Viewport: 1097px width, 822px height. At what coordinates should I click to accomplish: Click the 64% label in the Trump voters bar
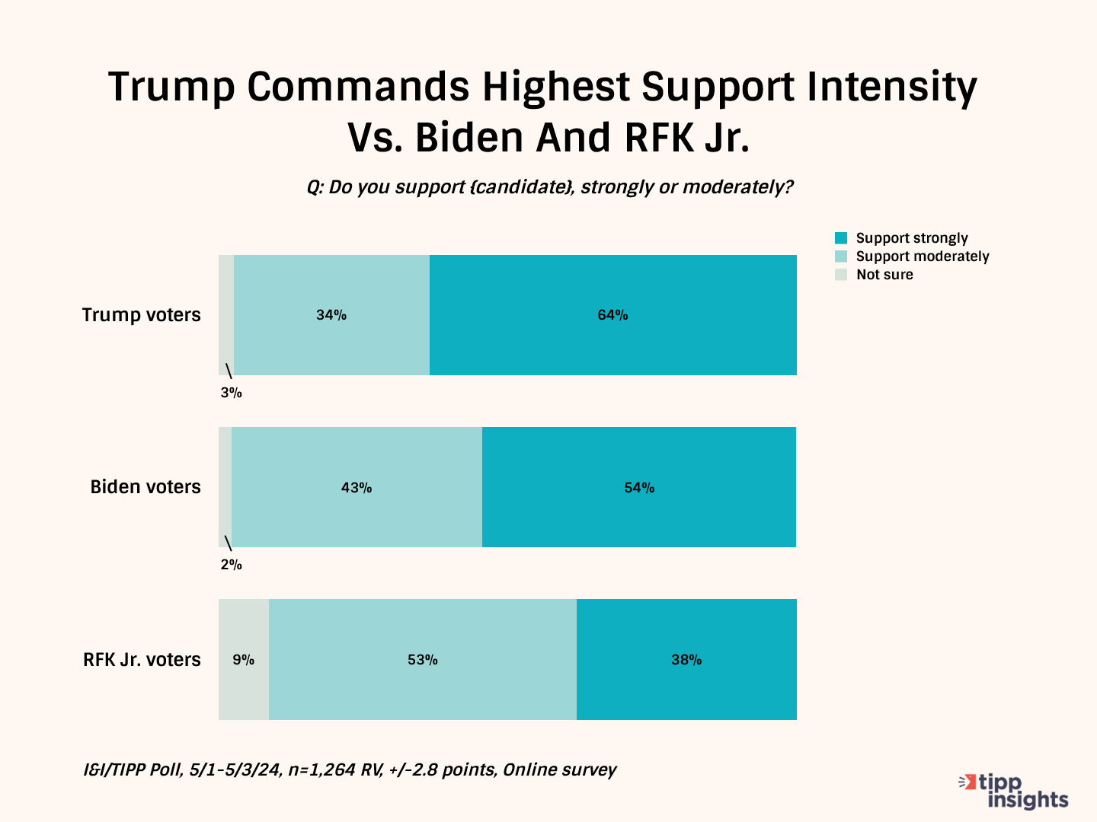click(612, 315)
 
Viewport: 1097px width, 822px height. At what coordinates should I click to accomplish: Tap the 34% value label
click(331, 315)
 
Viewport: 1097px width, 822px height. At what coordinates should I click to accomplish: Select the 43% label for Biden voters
click(357, 488)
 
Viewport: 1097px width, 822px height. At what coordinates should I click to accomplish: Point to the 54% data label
click(639, 488)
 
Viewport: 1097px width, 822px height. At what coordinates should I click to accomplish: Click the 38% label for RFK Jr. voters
click(686, 660)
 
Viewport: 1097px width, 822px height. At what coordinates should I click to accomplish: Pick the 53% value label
click(423, 660)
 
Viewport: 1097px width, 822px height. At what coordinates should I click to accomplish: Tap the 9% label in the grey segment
click(244, 660)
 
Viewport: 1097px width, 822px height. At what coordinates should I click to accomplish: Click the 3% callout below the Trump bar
click(231, 393)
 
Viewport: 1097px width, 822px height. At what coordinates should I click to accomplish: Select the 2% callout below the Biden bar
click(231, 565)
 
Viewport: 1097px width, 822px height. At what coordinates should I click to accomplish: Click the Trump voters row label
click(142, 315)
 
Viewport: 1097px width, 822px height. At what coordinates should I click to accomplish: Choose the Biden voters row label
click(146, 487)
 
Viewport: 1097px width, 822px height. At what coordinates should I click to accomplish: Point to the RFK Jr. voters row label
click(142, 659)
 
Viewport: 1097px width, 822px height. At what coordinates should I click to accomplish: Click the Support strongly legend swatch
click(841, 238)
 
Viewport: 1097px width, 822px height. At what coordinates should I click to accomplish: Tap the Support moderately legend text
click(923, 256)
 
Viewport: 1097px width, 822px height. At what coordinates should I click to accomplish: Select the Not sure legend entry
click(884, 275)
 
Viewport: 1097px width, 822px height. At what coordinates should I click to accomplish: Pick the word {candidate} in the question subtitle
click(522, 187)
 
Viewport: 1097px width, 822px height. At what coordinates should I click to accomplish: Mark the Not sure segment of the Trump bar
click(226, 315)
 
